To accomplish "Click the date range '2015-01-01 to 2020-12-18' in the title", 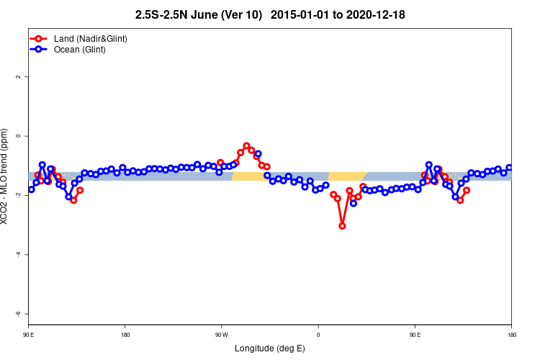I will (343, 14).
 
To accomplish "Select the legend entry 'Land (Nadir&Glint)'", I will (91, 38).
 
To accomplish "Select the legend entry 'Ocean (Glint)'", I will (80, 50).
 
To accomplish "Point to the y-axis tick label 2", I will (18, 76).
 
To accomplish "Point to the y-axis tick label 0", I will (18, 136).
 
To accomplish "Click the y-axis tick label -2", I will (18, 195).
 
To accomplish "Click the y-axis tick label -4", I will (18, 254).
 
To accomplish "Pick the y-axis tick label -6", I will (18, 314).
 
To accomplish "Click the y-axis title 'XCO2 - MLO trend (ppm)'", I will (6, 176).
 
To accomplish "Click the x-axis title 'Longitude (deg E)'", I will (270, 349).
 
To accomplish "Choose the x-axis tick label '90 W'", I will (221, 335).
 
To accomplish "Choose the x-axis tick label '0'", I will (318, 335).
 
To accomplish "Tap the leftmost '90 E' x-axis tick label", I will (28, 335).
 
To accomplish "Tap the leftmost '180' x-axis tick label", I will (125, 335).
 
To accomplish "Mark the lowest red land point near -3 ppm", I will (342, 226).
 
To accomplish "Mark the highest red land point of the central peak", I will (246, 145).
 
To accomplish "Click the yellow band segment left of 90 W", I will (248, 176).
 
